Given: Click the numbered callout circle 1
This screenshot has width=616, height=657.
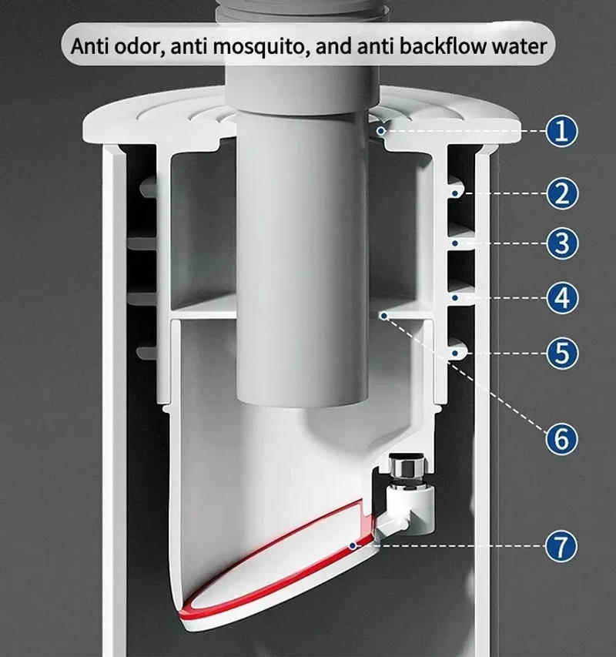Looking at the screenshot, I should tap(563, 132).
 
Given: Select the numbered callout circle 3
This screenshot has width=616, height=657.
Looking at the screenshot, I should tap(563, 244).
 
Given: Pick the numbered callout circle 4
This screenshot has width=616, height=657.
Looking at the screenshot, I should tap(563, 297).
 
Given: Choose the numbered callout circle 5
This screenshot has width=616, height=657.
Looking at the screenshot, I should tap(563, 353).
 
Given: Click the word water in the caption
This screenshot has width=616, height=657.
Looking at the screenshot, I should tap(521, 45).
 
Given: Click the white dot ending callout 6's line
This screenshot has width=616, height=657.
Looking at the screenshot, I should tap(380, 314).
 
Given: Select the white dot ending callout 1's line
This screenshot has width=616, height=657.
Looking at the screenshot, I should tap(380, 132).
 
